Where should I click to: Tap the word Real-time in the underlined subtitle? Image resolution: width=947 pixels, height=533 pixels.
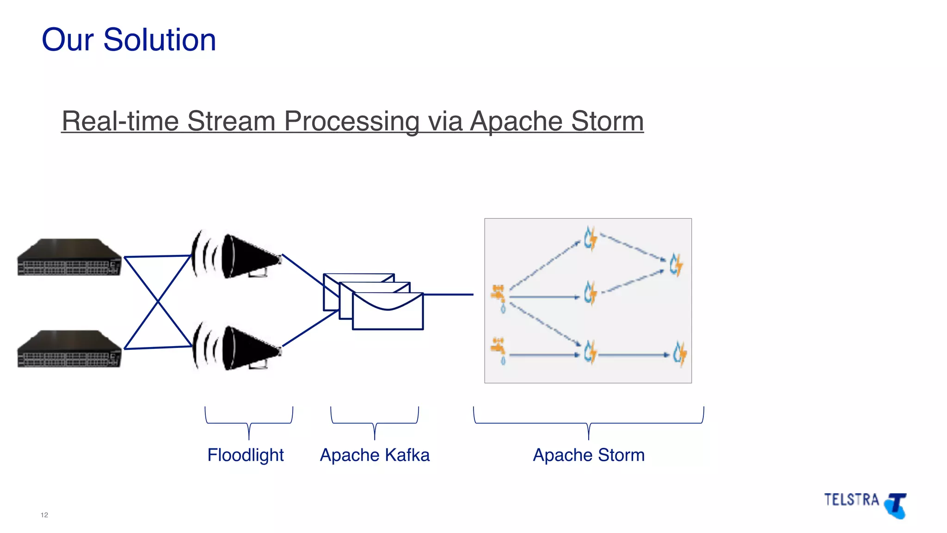120,121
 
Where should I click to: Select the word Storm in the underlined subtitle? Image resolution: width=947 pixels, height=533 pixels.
607,121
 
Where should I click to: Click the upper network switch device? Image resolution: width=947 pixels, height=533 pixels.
69,258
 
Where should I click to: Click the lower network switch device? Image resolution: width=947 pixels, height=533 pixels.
69,349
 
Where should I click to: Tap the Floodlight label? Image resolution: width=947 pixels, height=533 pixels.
245,455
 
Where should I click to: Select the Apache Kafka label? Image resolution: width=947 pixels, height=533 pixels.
375,455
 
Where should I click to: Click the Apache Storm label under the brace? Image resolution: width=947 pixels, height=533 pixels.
588,455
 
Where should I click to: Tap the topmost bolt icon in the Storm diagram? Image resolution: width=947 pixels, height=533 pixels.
590,239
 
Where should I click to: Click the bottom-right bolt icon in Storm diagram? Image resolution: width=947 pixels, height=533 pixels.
679,354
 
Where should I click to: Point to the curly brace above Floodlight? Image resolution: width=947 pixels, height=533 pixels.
249,421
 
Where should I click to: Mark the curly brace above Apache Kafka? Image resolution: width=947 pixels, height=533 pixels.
375,421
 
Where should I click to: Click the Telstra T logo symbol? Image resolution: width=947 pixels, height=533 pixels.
896,506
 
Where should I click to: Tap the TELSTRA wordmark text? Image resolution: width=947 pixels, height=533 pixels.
851,500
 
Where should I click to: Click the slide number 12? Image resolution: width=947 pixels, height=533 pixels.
44,515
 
